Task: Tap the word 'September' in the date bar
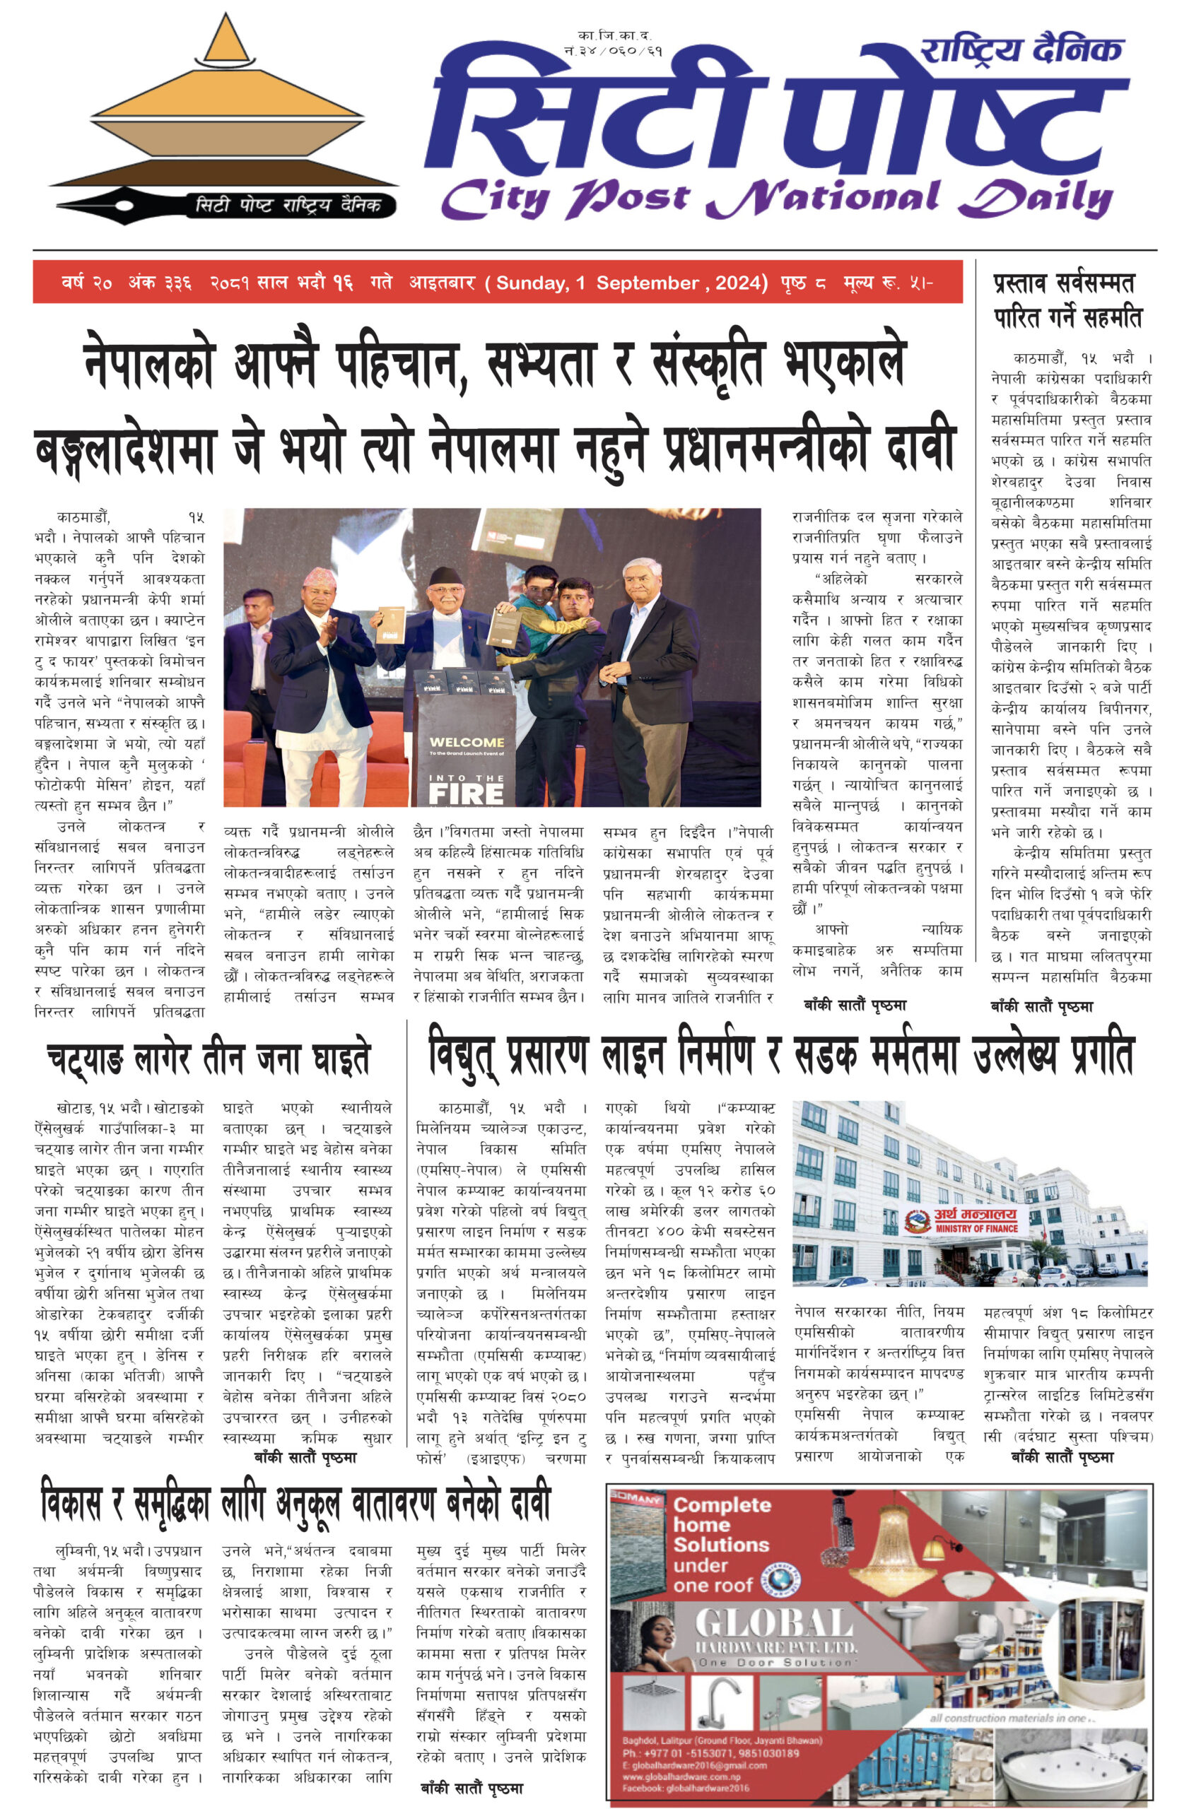coord(647,283)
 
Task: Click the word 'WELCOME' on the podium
coord(466,742)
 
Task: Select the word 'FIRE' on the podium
coord(465,794)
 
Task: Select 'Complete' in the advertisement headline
coord(722,1505)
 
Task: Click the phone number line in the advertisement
coord(710,1753)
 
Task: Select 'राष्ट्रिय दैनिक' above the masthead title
coord(1021,50)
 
